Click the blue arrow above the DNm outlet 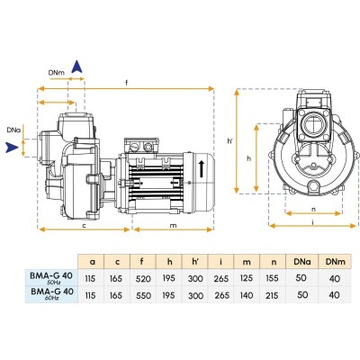[x=77, y=67]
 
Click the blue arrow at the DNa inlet [x=12, y=148]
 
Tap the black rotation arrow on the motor [x=202, y=168]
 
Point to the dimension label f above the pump [x=127, y=83]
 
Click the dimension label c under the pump [x=85, y=225]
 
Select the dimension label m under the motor [x=174, y=225]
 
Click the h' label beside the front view [x=230, y=140]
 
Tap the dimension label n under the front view [x=313, y=210]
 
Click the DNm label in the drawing [x=57, y=72]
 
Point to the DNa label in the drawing [x=13, y=130]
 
